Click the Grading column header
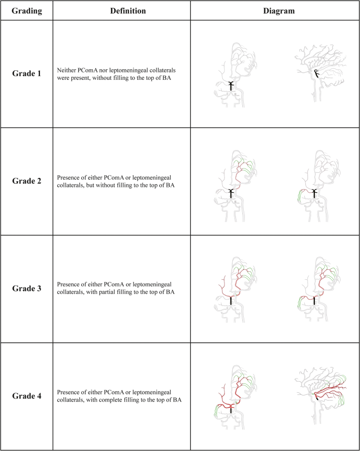(27, 11)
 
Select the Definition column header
(122, 11)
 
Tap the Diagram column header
(274, 11)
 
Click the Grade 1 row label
(27, 74)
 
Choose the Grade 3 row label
(27, 289)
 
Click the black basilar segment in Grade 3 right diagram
(314, 301)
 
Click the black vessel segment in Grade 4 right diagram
(317, 397)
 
